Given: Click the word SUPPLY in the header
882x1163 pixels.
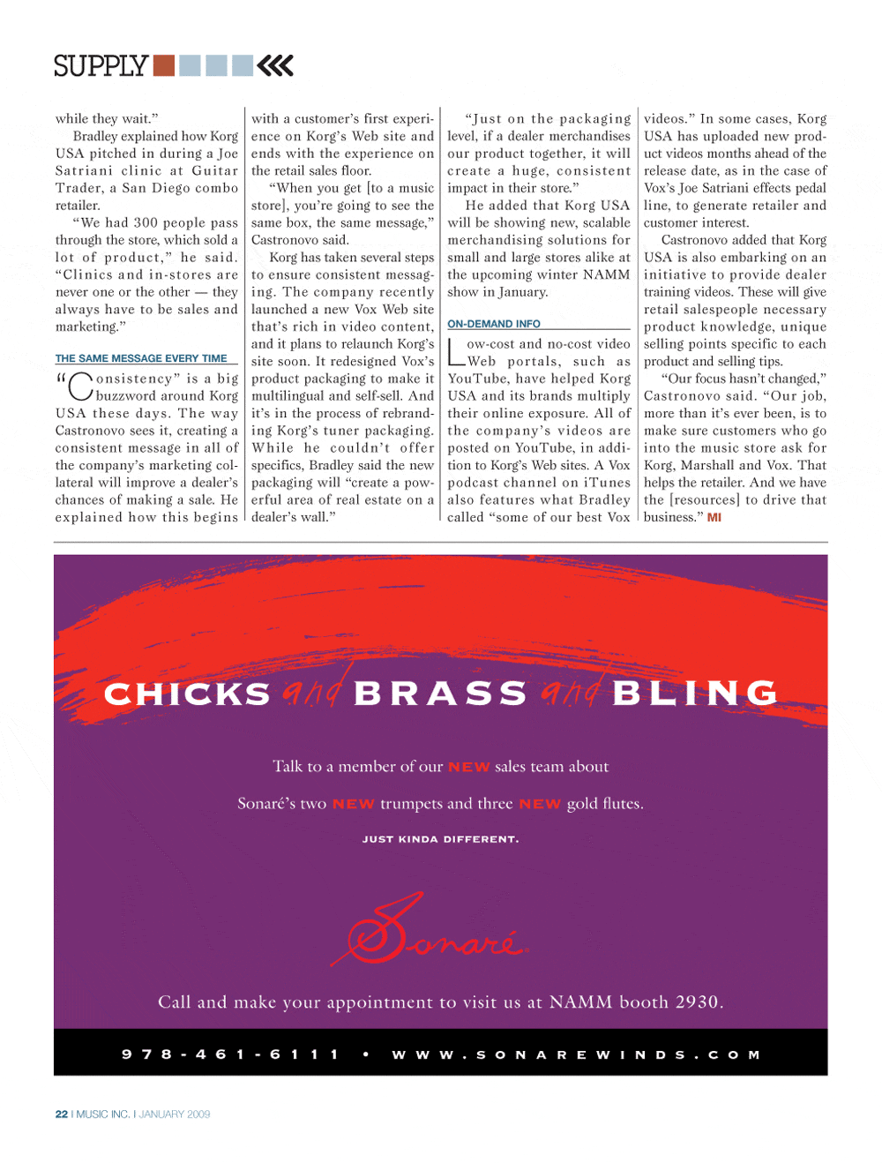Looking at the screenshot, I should click(101, 66).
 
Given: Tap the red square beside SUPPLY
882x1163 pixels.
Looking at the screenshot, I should click(163, 65).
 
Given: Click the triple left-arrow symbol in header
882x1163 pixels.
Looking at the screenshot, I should click(275, 65).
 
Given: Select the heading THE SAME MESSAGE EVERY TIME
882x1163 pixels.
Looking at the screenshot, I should click(141, 358).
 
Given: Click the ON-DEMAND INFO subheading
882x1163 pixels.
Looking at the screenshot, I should click(494, 324).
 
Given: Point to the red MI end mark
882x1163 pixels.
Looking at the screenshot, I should click(714, 517).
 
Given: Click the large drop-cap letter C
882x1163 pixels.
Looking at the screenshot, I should click(80, 387).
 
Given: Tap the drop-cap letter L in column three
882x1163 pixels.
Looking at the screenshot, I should click(456, 352).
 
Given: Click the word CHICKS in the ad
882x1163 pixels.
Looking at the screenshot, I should click(187, 694).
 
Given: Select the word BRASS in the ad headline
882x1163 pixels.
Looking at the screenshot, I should click(440, 694).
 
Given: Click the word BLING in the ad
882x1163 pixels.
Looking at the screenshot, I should click(695, 694).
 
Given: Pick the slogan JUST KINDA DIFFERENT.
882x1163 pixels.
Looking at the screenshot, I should click(440, 839).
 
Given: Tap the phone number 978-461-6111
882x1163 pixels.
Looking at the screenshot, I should click(230, 1054).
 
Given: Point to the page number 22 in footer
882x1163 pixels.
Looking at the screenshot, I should click(62, 1114).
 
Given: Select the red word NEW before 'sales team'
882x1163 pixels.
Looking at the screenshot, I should click(468, 767).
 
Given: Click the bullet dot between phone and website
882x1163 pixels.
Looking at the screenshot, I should click(366, 1054).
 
